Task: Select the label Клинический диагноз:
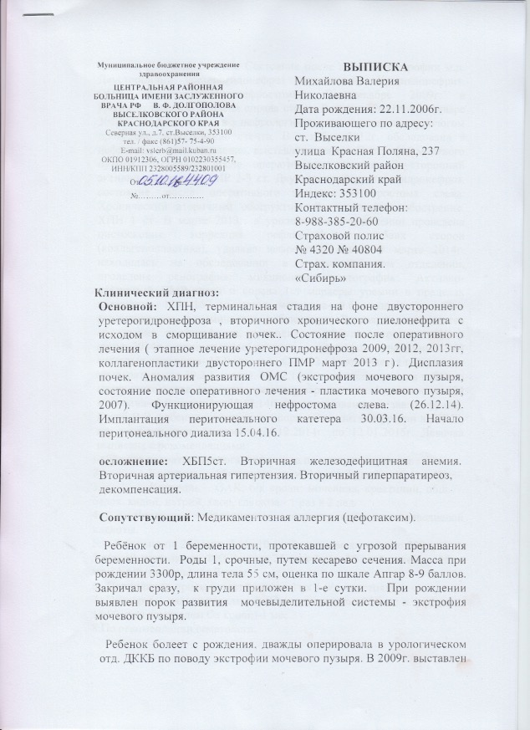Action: [155, 292]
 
